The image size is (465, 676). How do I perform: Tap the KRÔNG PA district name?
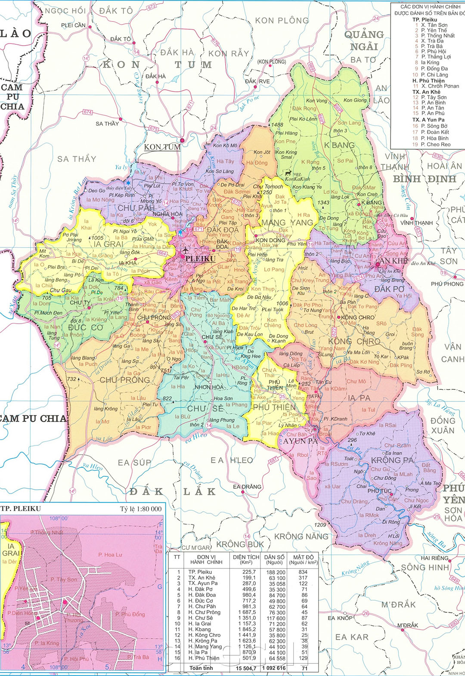392,460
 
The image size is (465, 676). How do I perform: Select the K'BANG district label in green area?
339,145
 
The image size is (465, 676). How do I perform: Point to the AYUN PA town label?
301,441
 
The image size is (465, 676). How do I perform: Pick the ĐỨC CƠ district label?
86,327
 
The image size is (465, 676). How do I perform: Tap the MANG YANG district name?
287,222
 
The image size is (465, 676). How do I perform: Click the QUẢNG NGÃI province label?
364,40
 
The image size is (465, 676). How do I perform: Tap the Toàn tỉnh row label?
201,668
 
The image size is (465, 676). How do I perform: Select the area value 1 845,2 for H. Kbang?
246,629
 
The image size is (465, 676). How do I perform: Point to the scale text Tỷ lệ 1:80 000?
141,509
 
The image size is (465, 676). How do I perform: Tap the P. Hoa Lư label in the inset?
110,555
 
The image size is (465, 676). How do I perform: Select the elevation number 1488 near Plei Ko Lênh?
277,125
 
